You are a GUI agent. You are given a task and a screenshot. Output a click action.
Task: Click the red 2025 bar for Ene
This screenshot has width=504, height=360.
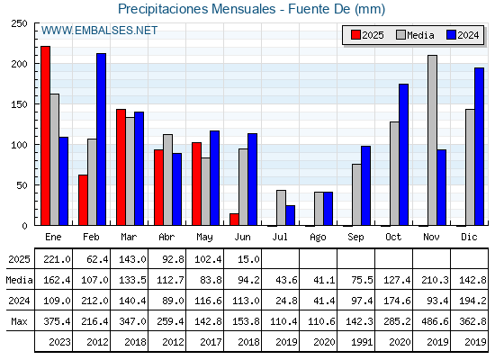pos(45,136)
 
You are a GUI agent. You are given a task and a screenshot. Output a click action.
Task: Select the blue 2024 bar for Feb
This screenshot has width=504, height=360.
pos(101,139)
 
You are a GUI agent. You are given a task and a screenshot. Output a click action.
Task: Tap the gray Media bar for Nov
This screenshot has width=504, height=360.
pos(432,140)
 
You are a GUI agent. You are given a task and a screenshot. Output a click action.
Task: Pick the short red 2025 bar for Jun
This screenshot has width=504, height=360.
pos(234,220)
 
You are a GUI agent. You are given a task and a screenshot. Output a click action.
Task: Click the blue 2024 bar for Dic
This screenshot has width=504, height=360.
pos(479,147)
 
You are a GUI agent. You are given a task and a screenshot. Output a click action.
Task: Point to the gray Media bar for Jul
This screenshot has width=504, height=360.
pos(281,208)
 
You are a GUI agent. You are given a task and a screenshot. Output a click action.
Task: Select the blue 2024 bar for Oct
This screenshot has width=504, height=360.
pos(404,155)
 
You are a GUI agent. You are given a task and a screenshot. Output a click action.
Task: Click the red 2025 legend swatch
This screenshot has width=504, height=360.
pos(355,35)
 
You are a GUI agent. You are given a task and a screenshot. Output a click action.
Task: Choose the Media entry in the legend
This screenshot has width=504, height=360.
pos(415,35)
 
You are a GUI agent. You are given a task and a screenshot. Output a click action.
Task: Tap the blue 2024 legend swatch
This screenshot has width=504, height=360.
pos(451,35)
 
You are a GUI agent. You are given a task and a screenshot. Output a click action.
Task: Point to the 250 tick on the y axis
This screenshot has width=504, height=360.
pos(19,23)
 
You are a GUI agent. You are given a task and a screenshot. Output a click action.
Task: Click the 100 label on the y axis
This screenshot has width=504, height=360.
pos(19,145)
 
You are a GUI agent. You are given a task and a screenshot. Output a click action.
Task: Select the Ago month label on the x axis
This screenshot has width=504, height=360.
pos(318,238)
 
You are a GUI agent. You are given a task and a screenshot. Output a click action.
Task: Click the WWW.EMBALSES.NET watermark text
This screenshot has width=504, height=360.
pos(99,31)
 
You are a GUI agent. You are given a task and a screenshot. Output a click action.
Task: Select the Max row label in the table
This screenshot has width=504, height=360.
pos(19,321)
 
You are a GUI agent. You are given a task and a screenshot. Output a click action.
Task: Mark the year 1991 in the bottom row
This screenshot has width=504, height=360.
pos(362,342)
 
